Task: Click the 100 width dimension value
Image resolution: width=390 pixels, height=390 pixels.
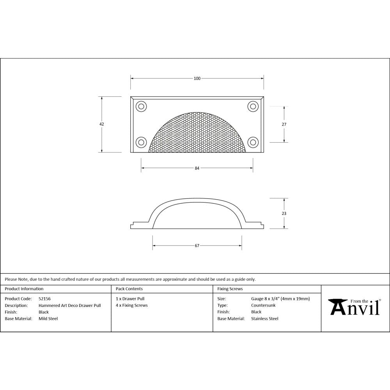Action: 197,78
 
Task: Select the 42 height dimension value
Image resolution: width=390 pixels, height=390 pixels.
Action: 102,124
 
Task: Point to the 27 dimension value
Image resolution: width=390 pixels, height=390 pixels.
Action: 284,124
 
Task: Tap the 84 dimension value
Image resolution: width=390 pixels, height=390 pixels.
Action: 197,168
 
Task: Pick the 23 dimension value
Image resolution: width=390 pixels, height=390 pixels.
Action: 284,213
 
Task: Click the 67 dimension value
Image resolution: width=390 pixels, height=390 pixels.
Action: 197,246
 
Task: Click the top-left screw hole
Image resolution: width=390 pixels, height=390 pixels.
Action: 140,106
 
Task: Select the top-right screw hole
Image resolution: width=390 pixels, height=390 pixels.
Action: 253,106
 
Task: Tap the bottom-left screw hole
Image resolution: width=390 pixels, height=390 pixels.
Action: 140,142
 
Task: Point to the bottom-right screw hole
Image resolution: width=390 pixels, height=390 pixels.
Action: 253,142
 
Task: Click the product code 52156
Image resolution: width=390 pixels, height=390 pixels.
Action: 44,299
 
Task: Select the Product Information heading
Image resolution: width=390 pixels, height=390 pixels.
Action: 24,289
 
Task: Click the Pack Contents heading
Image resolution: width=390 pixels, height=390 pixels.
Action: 129,289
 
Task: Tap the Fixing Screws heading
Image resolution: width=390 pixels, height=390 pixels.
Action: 230,289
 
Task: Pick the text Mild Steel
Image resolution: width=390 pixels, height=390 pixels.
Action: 48,319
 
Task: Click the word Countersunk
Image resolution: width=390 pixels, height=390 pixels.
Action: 263,305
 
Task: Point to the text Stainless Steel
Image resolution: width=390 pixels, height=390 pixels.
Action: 265,319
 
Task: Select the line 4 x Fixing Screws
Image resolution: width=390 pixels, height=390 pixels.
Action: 132,305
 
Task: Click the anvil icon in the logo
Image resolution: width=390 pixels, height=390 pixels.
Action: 337,307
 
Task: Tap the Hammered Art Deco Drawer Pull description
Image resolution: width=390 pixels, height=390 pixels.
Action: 69,305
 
